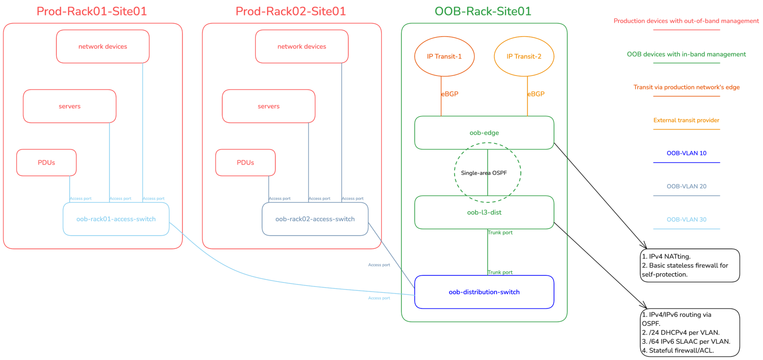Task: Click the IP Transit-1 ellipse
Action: (x=444, y=56)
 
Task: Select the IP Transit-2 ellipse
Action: (x=524, y=56)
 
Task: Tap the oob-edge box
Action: (x=484, y=133)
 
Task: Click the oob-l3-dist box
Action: (x=484, y=212)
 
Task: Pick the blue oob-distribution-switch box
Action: (x=484, y=292)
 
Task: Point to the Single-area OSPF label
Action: (x=484, y=173)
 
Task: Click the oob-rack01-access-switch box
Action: (x=116, y=219)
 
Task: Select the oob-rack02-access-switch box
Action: (x=315, y=219)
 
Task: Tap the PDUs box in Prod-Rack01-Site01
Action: (x=46, y=163)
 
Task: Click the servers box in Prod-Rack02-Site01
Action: (x=269, y=106)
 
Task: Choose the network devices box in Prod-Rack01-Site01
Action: (x=103, y=46)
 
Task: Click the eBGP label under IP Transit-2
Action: (x=536, y=94)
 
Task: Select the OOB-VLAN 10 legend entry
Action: (x=686, y=153)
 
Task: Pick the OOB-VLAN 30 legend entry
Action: (x=686, y=219)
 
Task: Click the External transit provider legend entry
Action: (x=686, y=120)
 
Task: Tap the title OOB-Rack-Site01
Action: (x=483, y=11)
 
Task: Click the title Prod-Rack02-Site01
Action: (x=290, y=11)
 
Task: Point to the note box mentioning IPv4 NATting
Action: (x=690, y=265)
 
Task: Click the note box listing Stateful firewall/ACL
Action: (x=690, y=333)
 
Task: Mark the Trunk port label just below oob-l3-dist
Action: (x=500, y=232)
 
